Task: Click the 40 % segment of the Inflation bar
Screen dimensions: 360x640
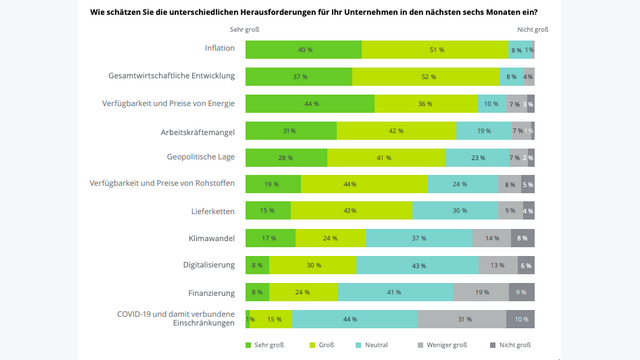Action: coord(303,49)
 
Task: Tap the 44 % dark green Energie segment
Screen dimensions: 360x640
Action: coord(310,103)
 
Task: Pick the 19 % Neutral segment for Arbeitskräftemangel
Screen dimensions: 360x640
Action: coord(483,130)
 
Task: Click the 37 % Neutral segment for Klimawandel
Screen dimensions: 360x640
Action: coord(420,238)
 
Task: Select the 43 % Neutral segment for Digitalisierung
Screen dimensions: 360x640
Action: coord(418,265)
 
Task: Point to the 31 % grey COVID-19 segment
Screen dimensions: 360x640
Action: coord(462,319)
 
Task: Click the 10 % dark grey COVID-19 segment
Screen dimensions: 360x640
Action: coord(520,319)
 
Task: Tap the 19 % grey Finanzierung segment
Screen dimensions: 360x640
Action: coord(481,292)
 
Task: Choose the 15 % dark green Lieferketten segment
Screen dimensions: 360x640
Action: coord(268,211)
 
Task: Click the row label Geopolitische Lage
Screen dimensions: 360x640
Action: coord(201,157)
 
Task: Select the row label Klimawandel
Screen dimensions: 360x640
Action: coord(212,238)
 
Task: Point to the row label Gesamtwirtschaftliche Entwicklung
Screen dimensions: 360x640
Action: coord(171,76)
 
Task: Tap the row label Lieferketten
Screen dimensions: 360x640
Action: coord(212,211)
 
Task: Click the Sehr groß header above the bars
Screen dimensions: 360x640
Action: coord(245,30)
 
